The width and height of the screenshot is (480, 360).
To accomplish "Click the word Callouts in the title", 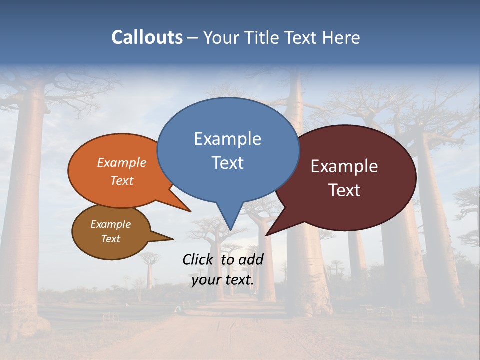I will click(147, 37).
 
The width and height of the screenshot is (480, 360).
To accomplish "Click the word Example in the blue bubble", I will click(227, 139).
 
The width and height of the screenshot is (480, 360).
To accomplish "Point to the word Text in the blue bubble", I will click(227, 163).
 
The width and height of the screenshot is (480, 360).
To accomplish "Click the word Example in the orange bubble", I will click(122, 162).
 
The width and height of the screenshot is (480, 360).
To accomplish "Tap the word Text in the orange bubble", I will click(122, 180).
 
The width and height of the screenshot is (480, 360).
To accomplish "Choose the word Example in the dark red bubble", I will click(344, 166).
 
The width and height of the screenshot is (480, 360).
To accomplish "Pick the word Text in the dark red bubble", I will click(344, 190).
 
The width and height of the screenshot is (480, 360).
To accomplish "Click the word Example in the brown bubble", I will click(110, 224).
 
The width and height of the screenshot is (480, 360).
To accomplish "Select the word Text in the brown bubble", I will click(110, 239).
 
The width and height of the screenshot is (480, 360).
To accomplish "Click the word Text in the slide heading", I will click(300, 37).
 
